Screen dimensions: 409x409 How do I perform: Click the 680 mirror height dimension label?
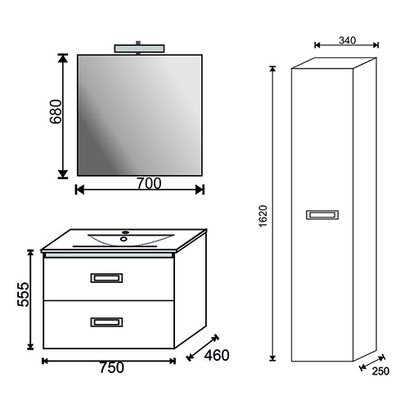point(56,111)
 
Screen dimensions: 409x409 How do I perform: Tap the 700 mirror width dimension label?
point(149,183)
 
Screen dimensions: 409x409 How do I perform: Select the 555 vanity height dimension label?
point(23,294)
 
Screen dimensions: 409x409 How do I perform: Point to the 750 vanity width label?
point(111,367)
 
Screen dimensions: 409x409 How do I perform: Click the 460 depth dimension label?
point(217,355)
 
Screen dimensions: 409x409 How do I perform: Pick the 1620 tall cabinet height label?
point(263,216)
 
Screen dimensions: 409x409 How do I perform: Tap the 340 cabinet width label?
point(348,40)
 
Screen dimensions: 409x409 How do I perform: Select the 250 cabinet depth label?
point(380,371)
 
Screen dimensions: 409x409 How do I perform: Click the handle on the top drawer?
point(106,278)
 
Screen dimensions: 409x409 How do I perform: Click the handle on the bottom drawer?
point(106,322)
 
